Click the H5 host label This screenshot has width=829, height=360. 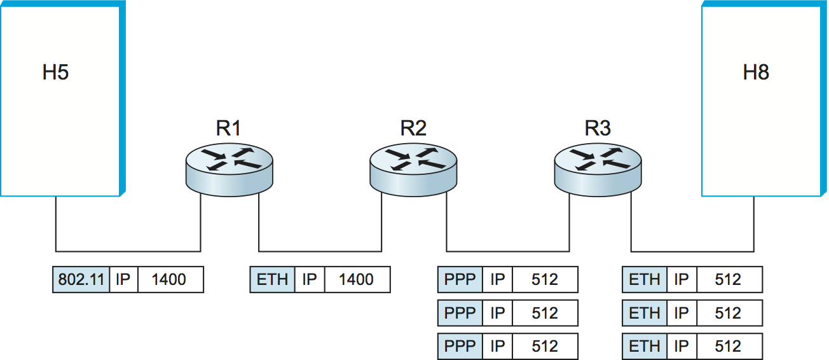[55, 73]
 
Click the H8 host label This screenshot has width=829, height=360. [756, 73]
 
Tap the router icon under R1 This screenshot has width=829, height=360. [229, 167]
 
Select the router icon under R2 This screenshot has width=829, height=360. [413, 167]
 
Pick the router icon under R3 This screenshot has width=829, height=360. [598, 167]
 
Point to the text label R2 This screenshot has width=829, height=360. [413, 128]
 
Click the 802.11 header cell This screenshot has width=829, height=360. [81, 280]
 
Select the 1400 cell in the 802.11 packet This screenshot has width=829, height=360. [170, 280]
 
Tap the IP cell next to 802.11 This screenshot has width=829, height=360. [123, 280]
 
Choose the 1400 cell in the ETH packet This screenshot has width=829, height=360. [357, 280]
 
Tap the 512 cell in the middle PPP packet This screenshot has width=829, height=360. [545, 313]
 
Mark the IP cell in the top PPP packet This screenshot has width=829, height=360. [497, 280]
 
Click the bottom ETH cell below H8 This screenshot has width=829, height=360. [645, 347]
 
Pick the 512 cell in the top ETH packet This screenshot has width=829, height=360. [729, 280]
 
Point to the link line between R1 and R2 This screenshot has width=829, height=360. [320, 251]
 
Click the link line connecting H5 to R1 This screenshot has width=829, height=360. [127, 251]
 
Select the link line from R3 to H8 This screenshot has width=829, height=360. [693, 251]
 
